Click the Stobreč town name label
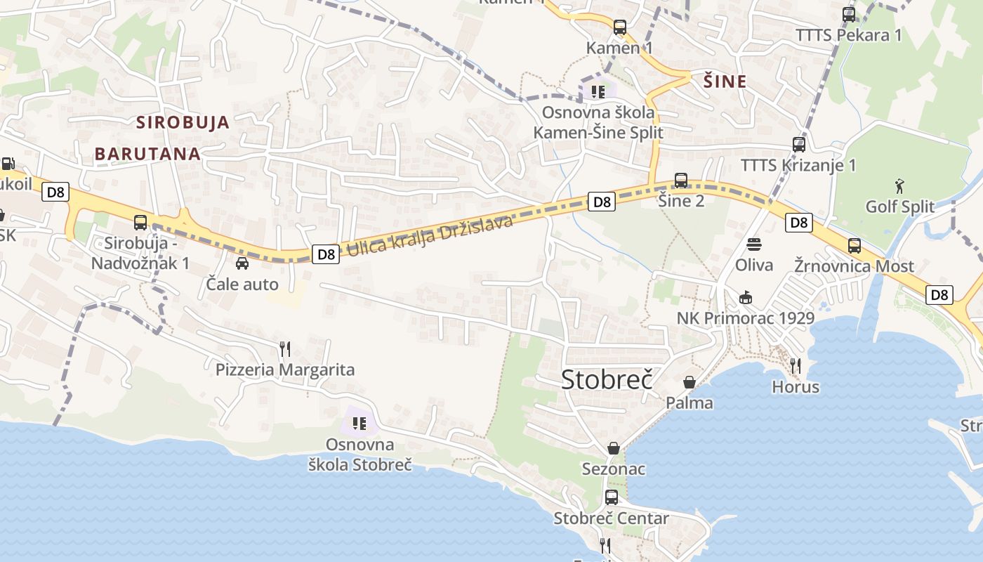pyautogui.click(x=607, y=379)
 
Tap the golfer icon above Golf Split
pyautogui.click(x=900, y=186)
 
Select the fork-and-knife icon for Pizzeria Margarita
pyautogui.click(x=284, y=348)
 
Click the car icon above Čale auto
pyautogui.click(x=242, y=263)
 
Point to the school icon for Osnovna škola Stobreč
pyautogui.click(x=359, y=423)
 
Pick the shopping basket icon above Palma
pyautogui.click(x=690, y=382)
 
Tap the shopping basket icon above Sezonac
pyautogui.click(x=614, y=447)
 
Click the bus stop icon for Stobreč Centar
pyautogui.click(x=612, y=497)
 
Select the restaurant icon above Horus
pyautogui.click(x=796, y=365)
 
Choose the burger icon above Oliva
pyautogui.click(x=754, y=244)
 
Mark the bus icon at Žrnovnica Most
pyautogui.click(x=854, y=246)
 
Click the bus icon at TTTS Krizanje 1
pyautogui.click(x=798, y=145)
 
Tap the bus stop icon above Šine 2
pyautogui.click(x=681, y=180)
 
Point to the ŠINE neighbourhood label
pyautogui.click(x=725, y=81)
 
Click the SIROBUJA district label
pyautogui.click(x=183, y=122)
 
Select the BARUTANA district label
pyautogui.click(x=147, y=154)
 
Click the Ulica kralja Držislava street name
pyautogui.click(x=430, y=235)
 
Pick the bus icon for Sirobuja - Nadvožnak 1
pyautogui.click(x=140, y=223)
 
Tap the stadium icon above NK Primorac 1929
pyautogui.click(x=746, y=297)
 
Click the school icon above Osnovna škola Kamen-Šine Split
pyautogui.click(x=598, y=91)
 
